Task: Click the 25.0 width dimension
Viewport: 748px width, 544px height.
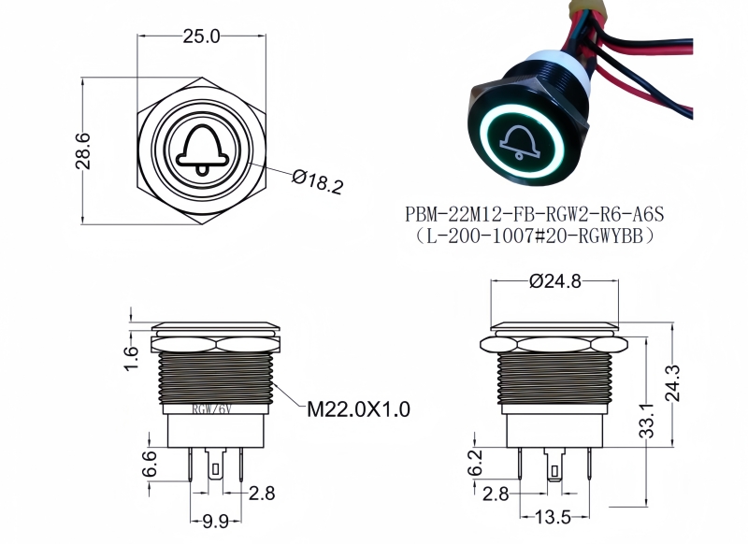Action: (x=201, y=37)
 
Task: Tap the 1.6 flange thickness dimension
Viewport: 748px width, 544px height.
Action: (x=131, y=356)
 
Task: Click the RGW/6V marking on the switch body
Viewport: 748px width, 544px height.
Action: (x=211, y=408)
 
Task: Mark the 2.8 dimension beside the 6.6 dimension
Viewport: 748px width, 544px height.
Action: (x=261, y=492)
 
